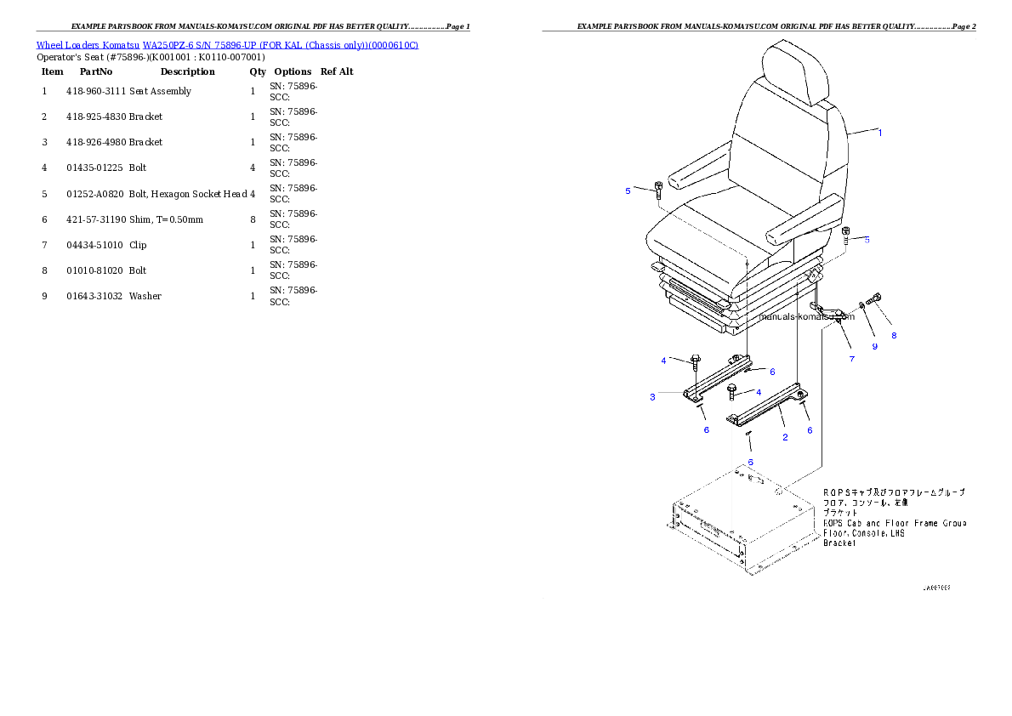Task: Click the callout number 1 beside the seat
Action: tap(879, 133)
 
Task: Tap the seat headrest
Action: tap(796, 71)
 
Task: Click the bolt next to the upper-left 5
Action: tap(659, 188)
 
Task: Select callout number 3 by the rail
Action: tap(652, 397)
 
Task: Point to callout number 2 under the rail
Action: tap(785, 438)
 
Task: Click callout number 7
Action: tap(851, 359)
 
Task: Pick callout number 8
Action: tap(894, 335)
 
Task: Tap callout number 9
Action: tap(874, 346)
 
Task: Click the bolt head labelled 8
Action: tap(877, 298)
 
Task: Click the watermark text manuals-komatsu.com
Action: tap(794, 316)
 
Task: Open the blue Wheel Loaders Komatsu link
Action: tap(227, 44)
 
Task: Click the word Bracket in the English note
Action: tap(839, 543)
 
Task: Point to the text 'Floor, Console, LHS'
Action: tap(864, 533)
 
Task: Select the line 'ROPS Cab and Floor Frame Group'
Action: tap(895, 523)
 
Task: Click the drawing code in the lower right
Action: tap(935, 588)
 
